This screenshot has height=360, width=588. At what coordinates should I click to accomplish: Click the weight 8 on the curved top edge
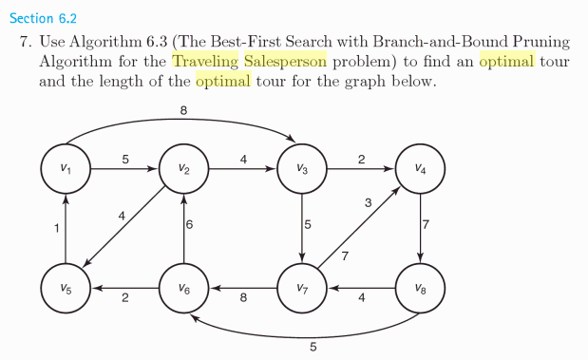(182, 111)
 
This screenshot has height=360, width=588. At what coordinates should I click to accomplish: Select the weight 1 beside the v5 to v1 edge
(56, 228)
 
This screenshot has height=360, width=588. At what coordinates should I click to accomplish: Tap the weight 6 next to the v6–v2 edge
(190, 226)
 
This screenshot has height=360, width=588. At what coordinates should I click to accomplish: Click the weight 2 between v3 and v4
(362, 159)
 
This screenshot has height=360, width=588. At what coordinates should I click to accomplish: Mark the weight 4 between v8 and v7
(362, 298)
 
